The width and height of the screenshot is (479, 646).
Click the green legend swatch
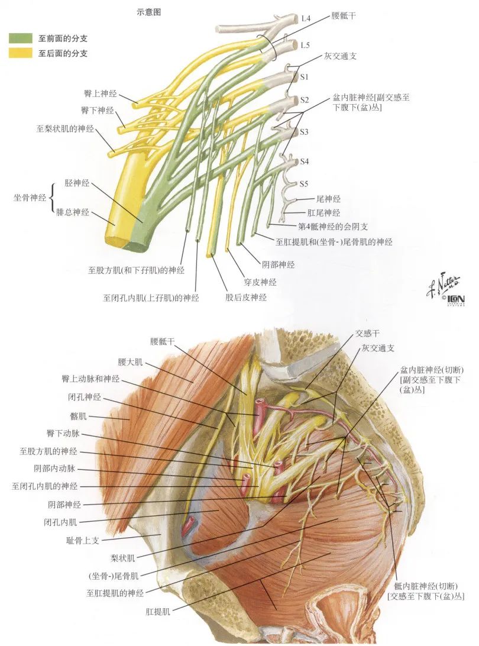tap(20, 38)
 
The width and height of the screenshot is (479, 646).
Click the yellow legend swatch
tap(20, 53)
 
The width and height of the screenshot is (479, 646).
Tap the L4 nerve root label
tap(305, 18)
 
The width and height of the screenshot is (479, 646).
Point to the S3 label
tap(304, 132)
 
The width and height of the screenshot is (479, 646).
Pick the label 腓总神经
tap(73, 211)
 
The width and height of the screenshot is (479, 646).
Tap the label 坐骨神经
tap(30, 197)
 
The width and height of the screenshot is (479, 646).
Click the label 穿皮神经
tap(260, 282)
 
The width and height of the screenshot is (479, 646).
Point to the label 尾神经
tap(328, 199)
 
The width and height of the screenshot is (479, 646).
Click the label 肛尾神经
tap(324, 212)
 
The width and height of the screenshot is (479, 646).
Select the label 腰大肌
tap(131, 361)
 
